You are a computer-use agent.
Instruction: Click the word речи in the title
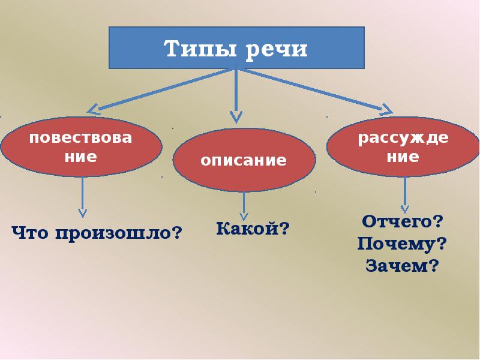pos(275,48)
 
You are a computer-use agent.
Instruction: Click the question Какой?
pos(253,228)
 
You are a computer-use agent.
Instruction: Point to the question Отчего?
pos(403,221)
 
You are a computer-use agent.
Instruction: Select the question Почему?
pos(403,243)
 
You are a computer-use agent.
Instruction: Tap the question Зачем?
pos(403,265)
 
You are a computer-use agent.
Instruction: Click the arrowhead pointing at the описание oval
pos(236,116)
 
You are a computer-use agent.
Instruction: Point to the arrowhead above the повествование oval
pos(94,109)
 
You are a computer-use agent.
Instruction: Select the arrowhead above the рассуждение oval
pos(385,109)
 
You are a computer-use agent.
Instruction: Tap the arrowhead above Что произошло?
pos(83,212)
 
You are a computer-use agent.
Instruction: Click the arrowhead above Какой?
pos(244,214)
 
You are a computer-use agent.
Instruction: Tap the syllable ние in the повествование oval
pos(81,158)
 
